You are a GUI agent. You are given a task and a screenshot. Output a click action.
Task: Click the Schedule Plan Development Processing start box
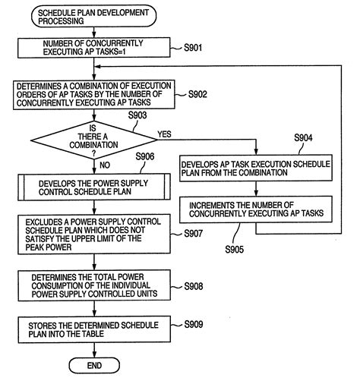tap(90, 17)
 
